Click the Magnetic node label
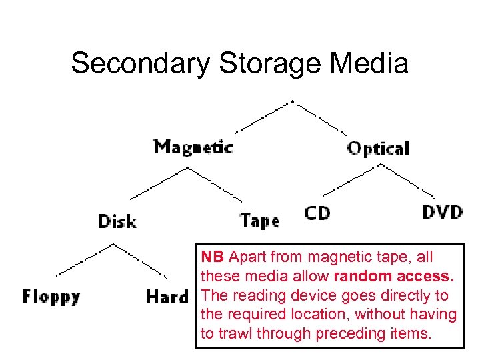(x=193, y=147)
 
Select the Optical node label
(x=378, y=148)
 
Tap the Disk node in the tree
(x=117, y=221)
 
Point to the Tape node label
(x=259, y=221)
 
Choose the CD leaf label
(x=317, y=213)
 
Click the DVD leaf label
(x=443, y=213)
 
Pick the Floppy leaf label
(x=51, y=296)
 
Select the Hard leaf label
(x=167, y=297)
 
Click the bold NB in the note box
(x=213, y=257)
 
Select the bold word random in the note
(x=360, y=276)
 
